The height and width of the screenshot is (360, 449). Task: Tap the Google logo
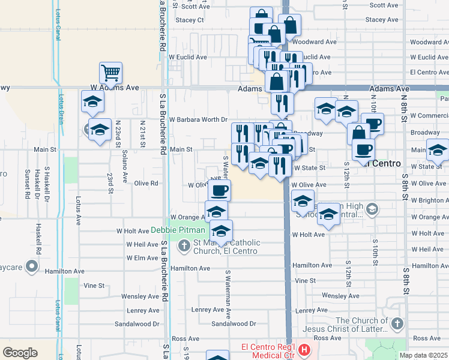coord(20,352)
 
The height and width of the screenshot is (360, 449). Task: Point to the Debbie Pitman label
coord(177,230)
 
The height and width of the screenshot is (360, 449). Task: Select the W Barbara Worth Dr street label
coord(198,119)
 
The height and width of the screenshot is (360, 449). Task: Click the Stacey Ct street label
coord(190,20)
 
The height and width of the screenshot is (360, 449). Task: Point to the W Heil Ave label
coord(142,245)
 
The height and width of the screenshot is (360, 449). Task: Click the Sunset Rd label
coord(27,187)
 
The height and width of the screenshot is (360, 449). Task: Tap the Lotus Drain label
coord(61,106)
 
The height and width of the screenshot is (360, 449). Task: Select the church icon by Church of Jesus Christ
coord(396,325)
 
